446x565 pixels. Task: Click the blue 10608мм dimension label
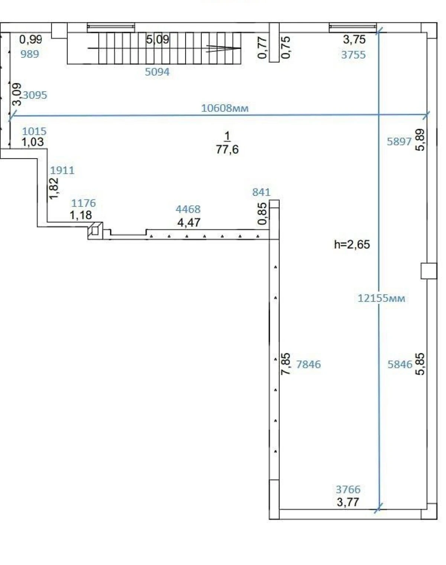[225, 108]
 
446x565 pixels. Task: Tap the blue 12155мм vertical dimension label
[381, 298]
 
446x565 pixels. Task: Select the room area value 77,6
[227, 149]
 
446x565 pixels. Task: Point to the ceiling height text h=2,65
[352, 245]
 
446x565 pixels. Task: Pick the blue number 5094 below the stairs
[157, 72]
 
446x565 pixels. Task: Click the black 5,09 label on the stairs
[158, 40]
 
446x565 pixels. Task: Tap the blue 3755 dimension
[353, 55]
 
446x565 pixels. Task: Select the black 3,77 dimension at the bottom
[348, 502]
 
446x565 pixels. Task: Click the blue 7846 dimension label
[308, 364]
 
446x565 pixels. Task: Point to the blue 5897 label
[399, 142]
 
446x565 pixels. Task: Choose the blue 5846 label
[400, 364]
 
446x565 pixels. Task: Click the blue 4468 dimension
[188, 209]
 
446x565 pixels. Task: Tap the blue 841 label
[261, 193]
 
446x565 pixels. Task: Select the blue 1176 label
[84, 203]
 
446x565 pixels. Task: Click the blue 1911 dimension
[62, 170]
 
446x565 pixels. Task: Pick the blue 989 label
[30, 54]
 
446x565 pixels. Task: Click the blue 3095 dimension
[35, 95]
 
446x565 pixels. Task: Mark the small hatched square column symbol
[95, 230]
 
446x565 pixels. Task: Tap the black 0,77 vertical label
[262, 48]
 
